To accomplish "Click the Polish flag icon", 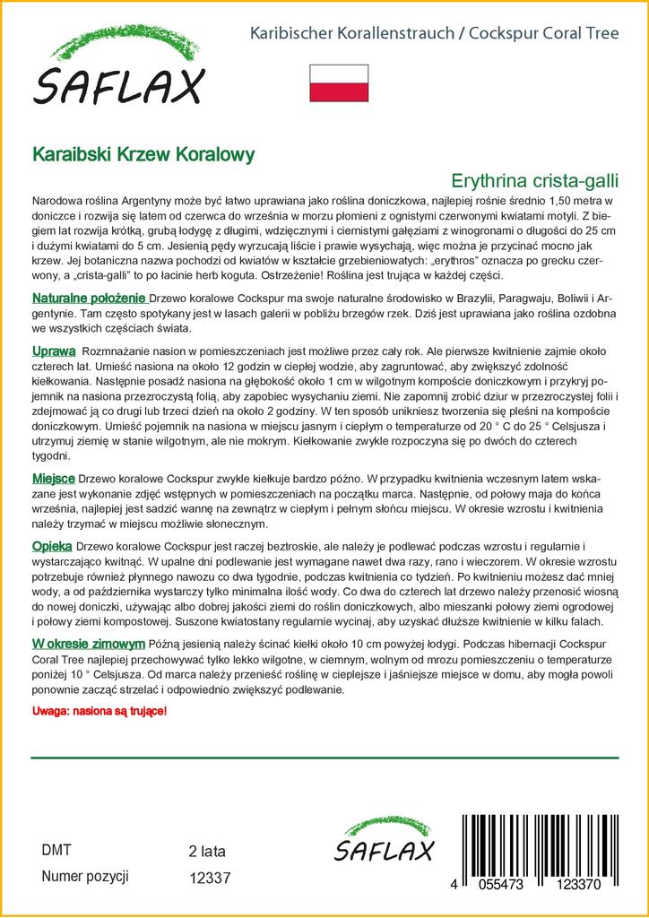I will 339,82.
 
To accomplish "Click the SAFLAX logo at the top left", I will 120,70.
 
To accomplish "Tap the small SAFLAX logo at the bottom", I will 384,843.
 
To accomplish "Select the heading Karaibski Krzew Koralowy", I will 143,153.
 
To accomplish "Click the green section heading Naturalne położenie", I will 89,298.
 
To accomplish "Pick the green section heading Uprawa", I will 54,350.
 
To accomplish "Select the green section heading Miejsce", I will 53,480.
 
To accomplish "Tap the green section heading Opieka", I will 52,545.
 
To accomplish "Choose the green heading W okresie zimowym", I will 89,644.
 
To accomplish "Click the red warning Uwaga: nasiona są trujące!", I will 99,710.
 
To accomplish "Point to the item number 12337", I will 211,880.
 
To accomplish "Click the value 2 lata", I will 207,851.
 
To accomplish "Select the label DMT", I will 56,851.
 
